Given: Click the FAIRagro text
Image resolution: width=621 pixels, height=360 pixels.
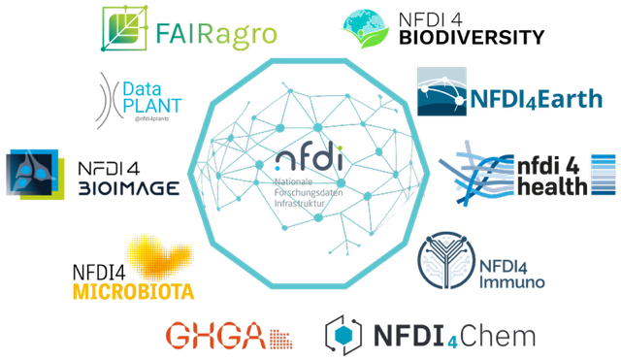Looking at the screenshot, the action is click(215, 34).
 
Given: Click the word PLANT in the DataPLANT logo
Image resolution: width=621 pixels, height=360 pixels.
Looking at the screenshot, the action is click(151, 105).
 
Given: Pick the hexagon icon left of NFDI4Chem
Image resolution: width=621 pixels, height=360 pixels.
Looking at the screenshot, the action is click(344, 336).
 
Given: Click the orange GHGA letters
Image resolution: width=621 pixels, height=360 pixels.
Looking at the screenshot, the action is click(214, 336).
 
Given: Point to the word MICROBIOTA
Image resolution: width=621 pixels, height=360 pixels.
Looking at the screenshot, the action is click(133, 291).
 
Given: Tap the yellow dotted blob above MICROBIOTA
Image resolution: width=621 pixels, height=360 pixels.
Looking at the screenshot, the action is click(160, 255).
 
